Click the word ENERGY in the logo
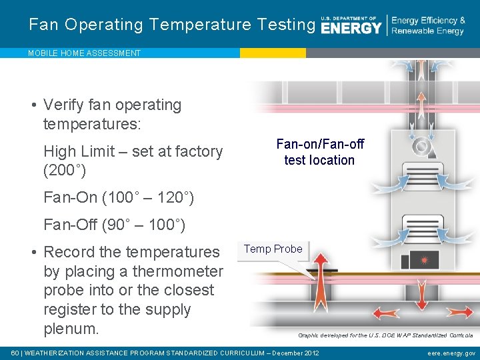click(351, 28)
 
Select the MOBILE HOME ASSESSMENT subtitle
click(84, 53)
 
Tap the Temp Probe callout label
click(273, 249)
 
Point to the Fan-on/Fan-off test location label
click(319, 152)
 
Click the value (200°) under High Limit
click(64, 171)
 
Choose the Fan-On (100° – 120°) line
click(118, 197)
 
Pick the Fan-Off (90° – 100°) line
click(114, 225)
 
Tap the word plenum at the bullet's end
click(71, 329)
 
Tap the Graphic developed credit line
click(385, 335)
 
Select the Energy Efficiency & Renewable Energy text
click(428, 26)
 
